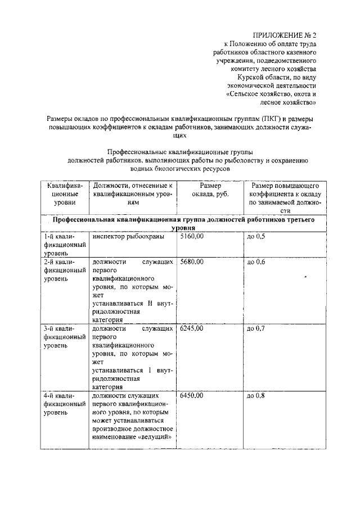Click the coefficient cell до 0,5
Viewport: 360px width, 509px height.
tap(255, 237)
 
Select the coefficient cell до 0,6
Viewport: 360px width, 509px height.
tap(255, 263)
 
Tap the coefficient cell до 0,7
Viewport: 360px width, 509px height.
tap(255, 328)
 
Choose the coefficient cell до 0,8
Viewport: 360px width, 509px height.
tap(255, 396)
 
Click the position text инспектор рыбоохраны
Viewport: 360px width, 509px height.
tap(128, 237)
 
